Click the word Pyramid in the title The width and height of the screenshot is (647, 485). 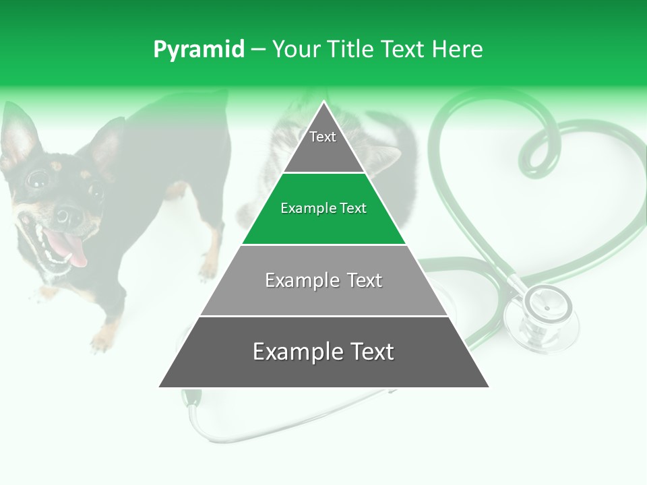198,49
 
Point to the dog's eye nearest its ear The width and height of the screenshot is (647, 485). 38,179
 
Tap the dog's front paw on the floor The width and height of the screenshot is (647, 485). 103,340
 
